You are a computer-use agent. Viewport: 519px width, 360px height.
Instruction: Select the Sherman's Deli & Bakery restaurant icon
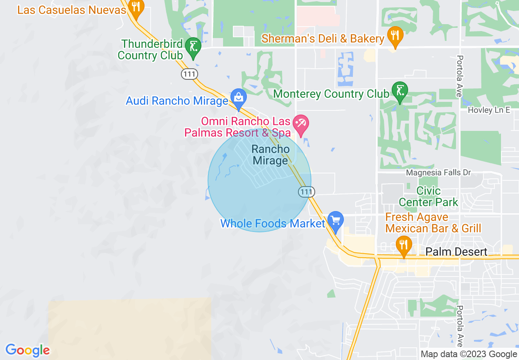[x=395, y=36]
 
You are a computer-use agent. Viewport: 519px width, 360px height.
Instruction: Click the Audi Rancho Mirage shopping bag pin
[x=238, y=98]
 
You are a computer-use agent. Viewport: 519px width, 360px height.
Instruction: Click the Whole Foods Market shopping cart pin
[x=335, y=221]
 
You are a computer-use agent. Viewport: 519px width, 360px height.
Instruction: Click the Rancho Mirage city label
[x=270, y=155]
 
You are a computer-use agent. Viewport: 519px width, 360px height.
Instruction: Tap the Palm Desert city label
[x=456, y=252]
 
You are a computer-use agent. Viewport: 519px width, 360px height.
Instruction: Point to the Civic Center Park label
[x=429, y=196]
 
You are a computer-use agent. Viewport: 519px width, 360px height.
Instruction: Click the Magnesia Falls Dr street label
[x=438, y=173]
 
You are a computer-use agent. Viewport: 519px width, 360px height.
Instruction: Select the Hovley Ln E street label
[x=489, y=110]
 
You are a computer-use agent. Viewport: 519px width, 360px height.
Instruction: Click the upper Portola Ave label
[x=460, y=76]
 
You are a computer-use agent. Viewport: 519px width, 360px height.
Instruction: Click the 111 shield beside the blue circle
[x=306, y=191]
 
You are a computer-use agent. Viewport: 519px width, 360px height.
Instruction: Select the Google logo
[x=27, y=350]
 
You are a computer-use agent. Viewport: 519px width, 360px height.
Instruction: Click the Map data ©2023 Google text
[x=469, y=354]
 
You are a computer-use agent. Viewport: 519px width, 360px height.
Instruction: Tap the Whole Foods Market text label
[x=273, y=223]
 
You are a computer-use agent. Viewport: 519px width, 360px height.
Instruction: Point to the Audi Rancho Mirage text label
[x=177, y=101]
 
